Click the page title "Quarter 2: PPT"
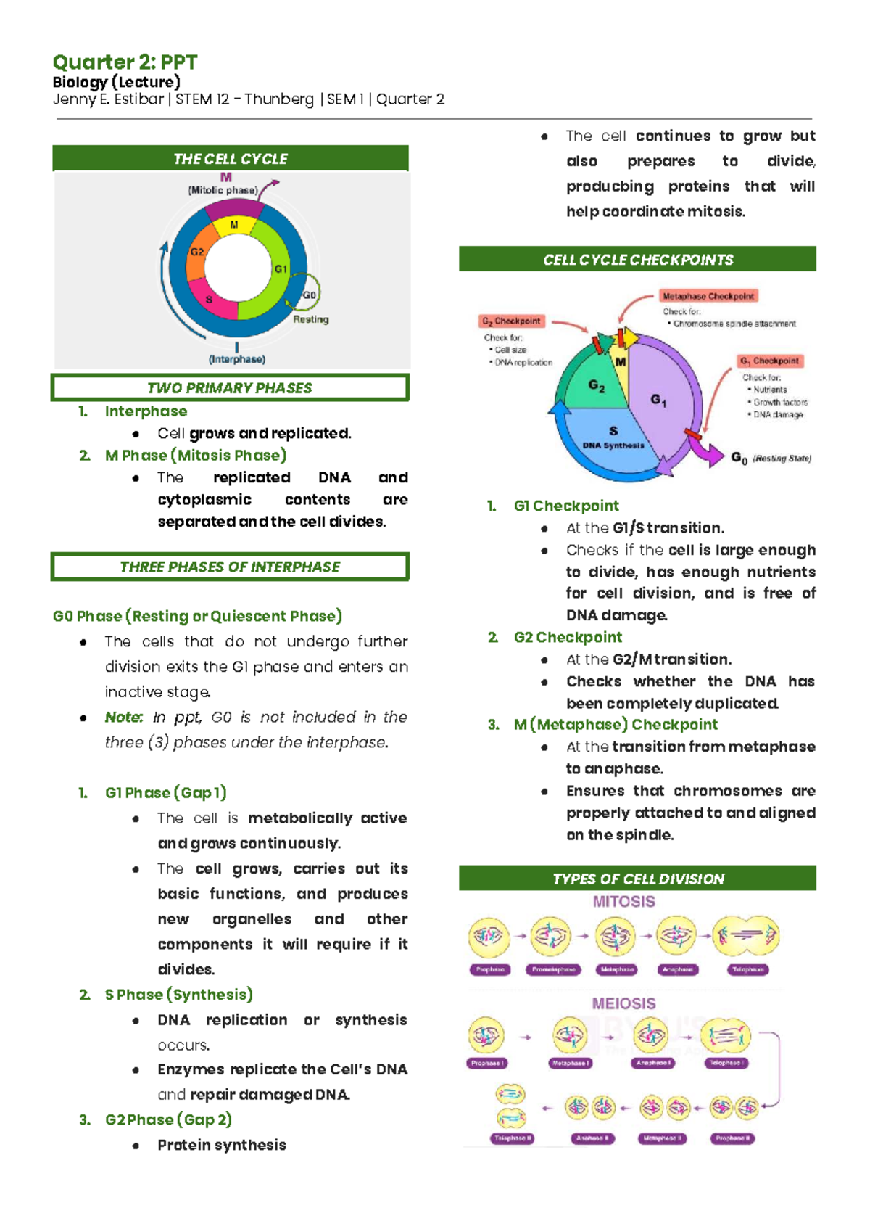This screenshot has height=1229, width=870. (125, 62)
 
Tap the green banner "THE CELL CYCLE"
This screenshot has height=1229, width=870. (231, 159)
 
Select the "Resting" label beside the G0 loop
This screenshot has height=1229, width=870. (311, 319)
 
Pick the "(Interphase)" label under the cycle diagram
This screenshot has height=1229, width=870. (237, 359)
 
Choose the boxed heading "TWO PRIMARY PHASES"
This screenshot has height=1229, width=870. (230, 388)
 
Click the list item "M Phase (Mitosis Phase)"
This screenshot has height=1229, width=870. (196, 456)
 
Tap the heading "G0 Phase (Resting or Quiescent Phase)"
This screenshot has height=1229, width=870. (197, 616)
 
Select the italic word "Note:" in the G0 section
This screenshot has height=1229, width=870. (123, 717)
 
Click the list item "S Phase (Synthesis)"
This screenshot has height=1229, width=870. (178, 995)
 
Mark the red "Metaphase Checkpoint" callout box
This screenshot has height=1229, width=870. (708, 296)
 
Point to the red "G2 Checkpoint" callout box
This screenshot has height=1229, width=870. (512, 321)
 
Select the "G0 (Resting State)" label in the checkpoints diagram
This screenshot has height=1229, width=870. (771, 458)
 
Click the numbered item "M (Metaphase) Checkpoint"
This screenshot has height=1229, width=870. (616, 725)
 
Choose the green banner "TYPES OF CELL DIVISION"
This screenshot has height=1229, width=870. (638, 879)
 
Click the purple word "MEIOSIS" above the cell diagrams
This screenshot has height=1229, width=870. (623, 1003)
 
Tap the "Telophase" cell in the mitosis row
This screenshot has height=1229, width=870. (747, 937)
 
